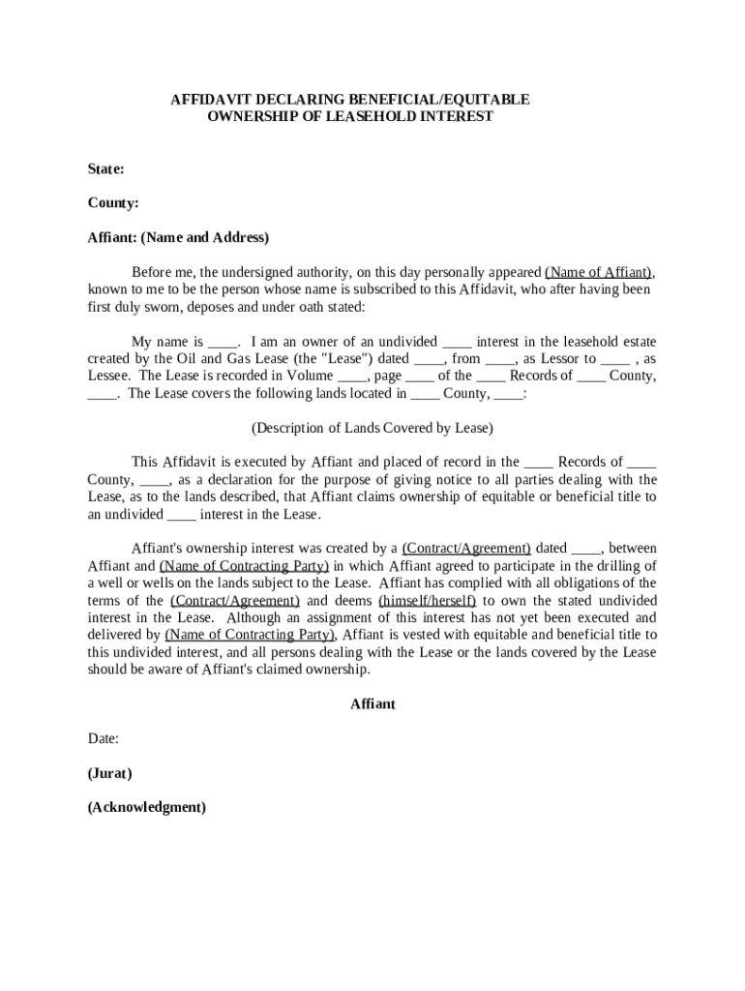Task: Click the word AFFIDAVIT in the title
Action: (207, 100)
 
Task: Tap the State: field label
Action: (105, 169)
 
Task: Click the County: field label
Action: (113, 203)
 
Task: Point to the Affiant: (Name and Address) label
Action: (178, 237)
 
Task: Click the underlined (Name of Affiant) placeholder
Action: (599, 272)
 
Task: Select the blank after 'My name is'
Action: (222, 342)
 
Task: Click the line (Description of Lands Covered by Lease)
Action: (372, 428)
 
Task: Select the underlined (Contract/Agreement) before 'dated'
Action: (466, 549)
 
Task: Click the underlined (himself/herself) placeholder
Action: (427, 601)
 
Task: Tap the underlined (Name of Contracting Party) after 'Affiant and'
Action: (245, 566)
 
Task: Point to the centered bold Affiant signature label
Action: (372, 705)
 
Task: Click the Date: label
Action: (103, 738)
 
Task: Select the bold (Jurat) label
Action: (109, 773)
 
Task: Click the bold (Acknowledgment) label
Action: (146, 807)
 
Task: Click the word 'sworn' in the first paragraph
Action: (158, 307)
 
